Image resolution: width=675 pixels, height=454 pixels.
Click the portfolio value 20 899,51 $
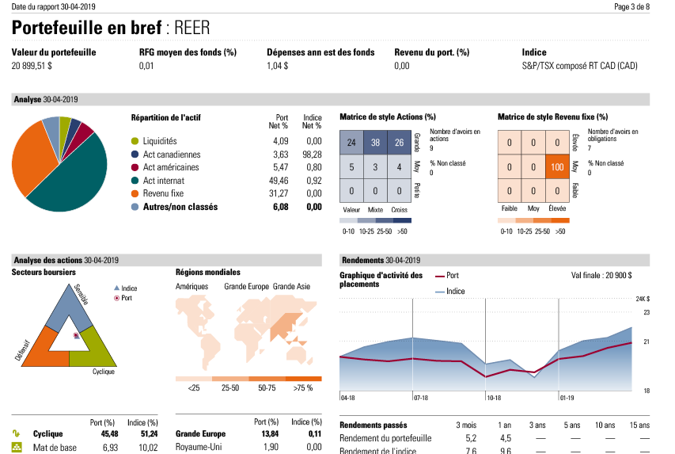(x=32, y=67)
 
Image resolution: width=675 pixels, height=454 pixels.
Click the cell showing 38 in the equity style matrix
(x=376, y=143)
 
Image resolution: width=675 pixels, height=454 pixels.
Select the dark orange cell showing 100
(x=558, y=167)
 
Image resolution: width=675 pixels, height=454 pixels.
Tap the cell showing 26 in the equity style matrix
(x=400, y=143)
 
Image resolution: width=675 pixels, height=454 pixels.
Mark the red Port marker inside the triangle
(x=76, y=336)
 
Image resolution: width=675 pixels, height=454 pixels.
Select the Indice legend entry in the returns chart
(x=448, y=291)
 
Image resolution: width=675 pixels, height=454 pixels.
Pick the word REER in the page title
(x=192, y=29)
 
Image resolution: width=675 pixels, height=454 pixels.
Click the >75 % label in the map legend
(x=303, y=388)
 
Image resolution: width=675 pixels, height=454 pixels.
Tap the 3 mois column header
(x=466, y=425)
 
